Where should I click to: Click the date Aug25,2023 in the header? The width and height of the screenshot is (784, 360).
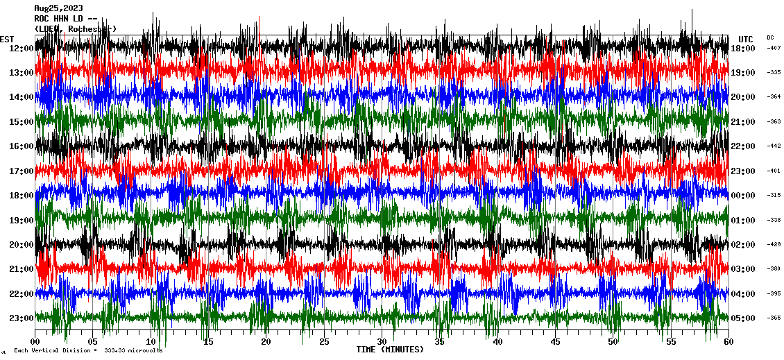click(58, 8)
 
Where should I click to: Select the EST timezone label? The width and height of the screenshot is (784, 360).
click(7, 39)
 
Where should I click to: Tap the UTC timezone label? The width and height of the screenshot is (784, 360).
click(745, 39)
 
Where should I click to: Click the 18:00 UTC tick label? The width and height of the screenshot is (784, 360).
click(743, 48)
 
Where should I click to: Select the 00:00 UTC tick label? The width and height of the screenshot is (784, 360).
click(743, 196)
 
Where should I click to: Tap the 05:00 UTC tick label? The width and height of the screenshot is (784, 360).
click(743, 318)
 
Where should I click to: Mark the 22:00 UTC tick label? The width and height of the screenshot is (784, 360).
click(743, 146)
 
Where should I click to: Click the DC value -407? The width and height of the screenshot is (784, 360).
click(774, 48)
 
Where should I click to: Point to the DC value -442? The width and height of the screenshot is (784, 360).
click(774, 146)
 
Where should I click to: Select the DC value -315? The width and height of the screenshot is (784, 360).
click(774, 196)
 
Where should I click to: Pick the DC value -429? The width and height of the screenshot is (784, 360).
click(774, 245)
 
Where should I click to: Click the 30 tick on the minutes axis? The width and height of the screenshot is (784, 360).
click(382, 342)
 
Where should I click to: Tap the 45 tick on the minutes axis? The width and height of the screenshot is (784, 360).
click(555, 342)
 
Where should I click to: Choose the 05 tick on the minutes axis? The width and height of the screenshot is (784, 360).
click(93, 342)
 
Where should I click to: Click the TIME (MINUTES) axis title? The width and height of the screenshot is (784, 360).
click(390, 350)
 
